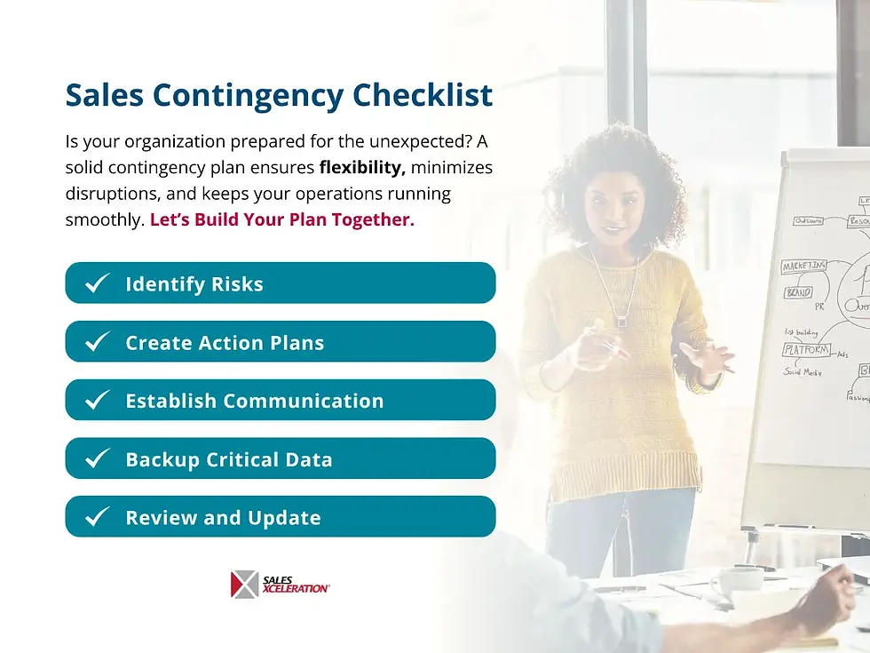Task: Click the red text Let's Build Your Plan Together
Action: pyautogui.click(x=281, y=219)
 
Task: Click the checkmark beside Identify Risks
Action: pyautogui.click(x=97, y=283)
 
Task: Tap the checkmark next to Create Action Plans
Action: pyautogui.click(x=97, y=342)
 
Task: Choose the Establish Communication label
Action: pyautogui.click(x=255, y=401)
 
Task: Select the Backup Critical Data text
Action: pyautogui.click(x=229, y=459)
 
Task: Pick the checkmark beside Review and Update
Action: pyautogui.click(x=97, y=517)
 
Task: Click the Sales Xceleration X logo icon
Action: pyautogui.click(x=244, y=584)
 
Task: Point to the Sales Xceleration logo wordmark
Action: pyautogui.click(x=296, y=584)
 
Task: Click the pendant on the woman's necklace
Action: pyautogui.click(x=621, y=321)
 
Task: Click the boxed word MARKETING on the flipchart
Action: pyautogui.click(x=804, y=267)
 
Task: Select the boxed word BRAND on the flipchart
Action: pyautogui.click(x=797, y=292)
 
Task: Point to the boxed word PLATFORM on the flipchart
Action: pyautogui.click(x=806, y=350)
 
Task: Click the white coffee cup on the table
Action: pyautogui.click(x=734, y=582)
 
